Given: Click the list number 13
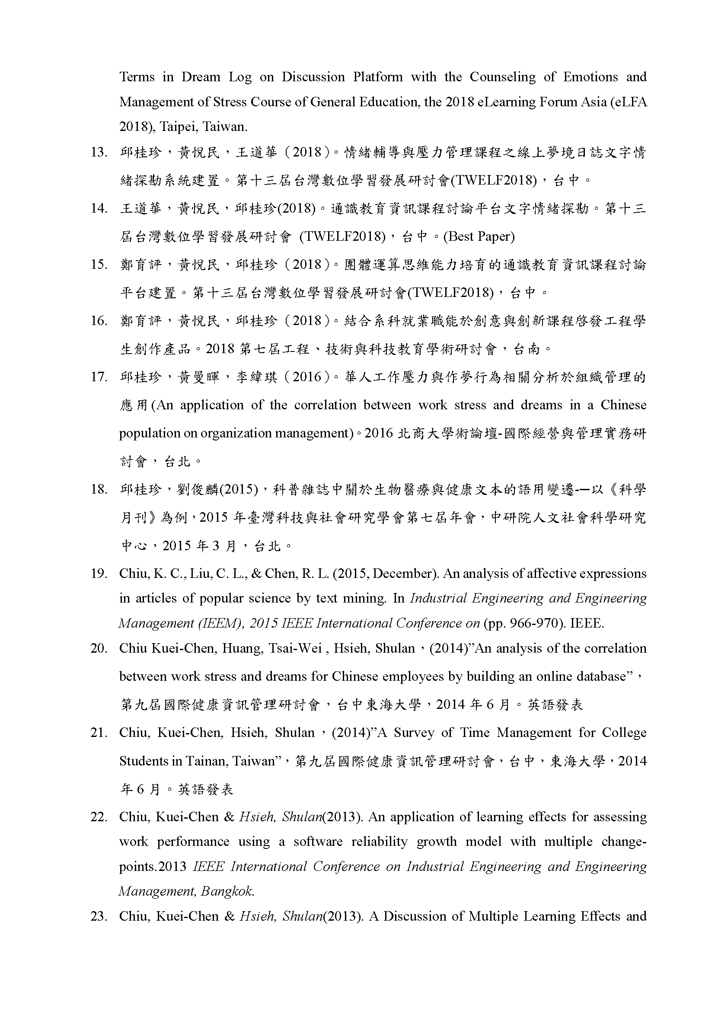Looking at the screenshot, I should [99, 152].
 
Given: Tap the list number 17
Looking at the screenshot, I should [99, 377].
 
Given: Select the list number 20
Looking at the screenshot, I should [99, 649].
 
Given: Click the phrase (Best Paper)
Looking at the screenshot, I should [479, 236].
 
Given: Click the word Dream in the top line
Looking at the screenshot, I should [201, 77].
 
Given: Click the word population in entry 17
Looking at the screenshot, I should [149, 433].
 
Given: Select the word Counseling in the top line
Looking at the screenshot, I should [502, 77].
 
